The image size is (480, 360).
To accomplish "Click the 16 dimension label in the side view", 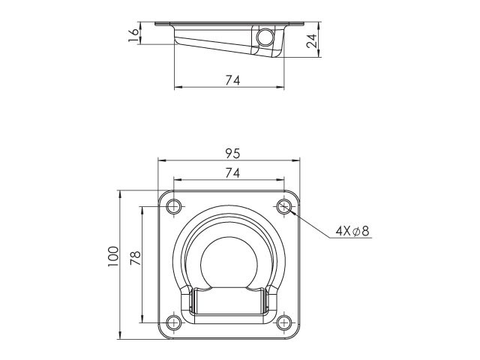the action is pyautogui.click(x=134, y=36).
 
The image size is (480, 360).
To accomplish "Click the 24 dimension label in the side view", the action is pyautogui.click(x=312, y=40).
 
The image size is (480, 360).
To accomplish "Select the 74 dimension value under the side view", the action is pyautogui.click(x=233, y=80).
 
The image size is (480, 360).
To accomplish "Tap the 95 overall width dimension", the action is pyautogui.click(x=233, y=154).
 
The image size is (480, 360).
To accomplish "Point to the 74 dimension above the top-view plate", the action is pyautogui.click(x=233, y=173).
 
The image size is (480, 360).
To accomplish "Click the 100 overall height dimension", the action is pyautogui.click(x=113, y=256).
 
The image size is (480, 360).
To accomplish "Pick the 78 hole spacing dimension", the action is pyautogui.click(x=135, y=258).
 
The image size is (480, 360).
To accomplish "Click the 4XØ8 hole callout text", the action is pyautogui.click(x=352, y=231).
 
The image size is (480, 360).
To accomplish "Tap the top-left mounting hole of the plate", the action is pyautogui.click(x=173, y=207).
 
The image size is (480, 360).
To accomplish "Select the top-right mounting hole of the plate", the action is pyautogui.click(x=284, y=207).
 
